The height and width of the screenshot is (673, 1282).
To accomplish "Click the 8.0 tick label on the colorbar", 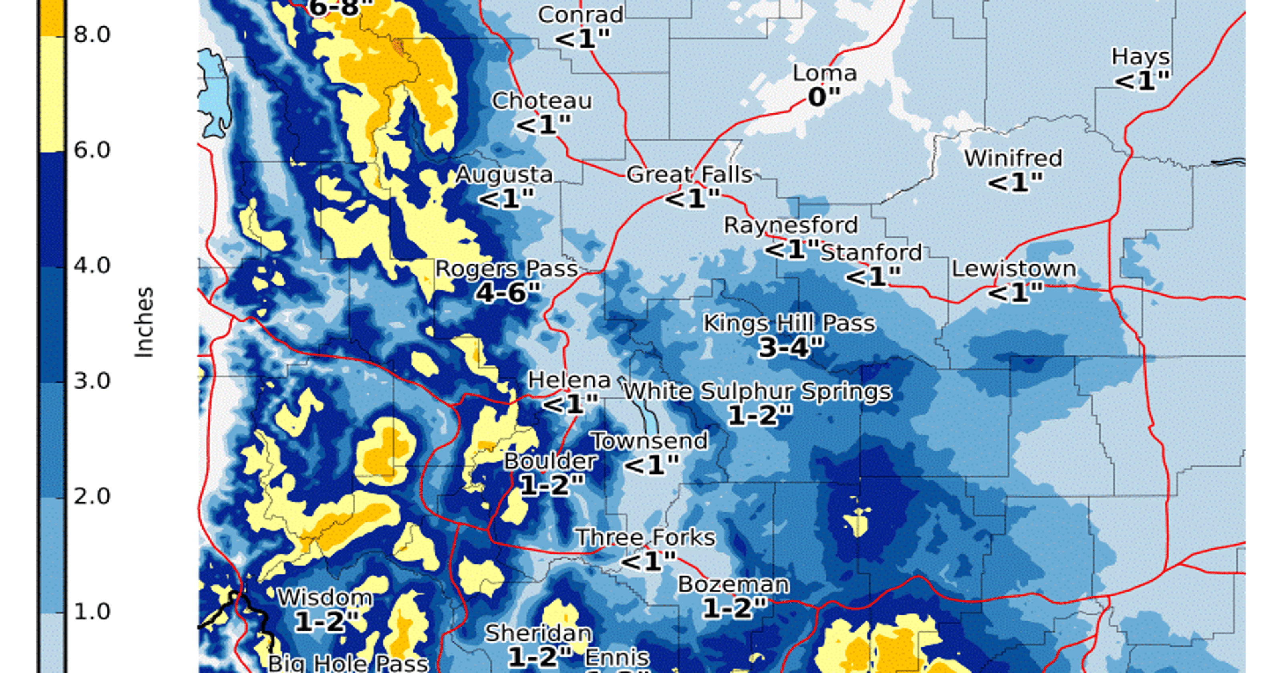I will (x=92, y=35).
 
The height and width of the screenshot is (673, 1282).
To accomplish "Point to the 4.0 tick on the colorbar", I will (x=92, y=266).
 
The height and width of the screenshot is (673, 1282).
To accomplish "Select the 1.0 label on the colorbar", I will (x=92, y=612).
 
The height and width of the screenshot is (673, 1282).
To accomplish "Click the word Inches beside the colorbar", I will (x=144, y=322).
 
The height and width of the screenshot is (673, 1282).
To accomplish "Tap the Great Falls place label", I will (x=689, y=175).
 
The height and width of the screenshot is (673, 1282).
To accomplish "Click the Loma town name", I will (x=824, y=74).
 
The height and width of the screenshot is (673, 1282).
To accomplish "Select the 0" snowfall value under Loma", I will (x=824, y=97).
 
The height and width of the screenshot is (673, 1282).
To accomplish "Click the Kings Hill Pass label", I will (x=789, y=324).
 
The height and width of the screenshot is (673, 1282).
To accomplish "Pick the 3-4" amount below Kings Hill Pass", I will (x=790, y=347).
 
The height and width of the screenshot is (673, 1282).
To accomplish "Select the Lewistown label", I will (x=1014, y=269).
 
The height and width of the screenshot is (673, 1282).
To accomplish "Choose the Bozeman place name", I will (x=734, y=584).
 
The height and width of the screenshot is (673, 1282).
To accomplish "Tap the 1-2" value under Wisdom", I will (x=326, y=621).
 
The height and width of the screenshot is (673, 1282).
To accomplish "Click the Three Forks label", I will (x=645, y=538).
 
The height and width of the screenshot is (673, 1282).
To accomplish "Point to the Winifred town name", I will (x=1013, y=159).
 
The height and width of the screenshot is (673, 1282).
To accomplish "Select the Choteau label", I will (x=542, y=101).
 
